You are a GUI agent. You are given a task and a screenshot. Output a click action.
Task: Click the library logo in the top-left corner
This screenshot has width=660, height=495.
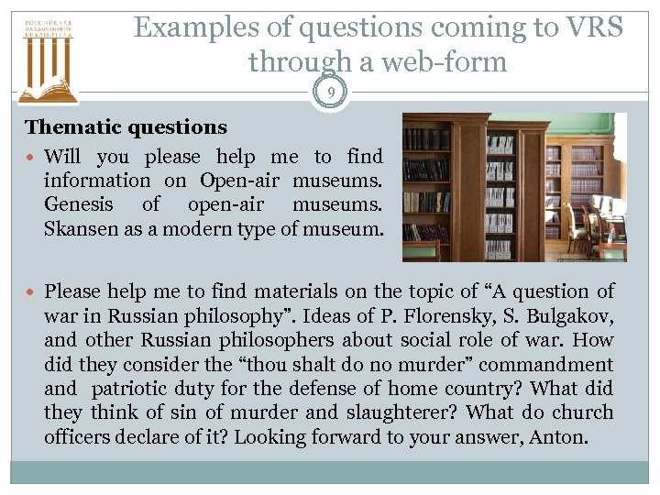[48, 56]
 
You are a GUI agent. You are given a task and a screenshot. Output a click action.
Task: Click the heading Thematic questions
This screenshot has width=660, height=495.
[126, 127]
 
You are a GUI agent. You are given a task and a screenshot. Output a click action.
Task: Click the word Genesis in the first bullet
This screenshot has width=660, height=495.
[79, 204]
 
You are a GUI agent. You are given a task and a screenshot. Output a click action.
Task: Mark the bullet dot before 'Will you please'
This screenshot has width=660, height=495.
[32, 158]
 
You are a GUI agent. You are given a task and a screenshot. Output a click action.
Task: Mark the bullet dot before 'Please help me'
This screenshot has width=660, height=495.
[32, 292]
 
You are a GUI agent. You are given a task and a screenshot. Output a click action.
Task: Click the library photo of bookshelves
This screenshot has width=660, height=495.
[514, 187]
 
